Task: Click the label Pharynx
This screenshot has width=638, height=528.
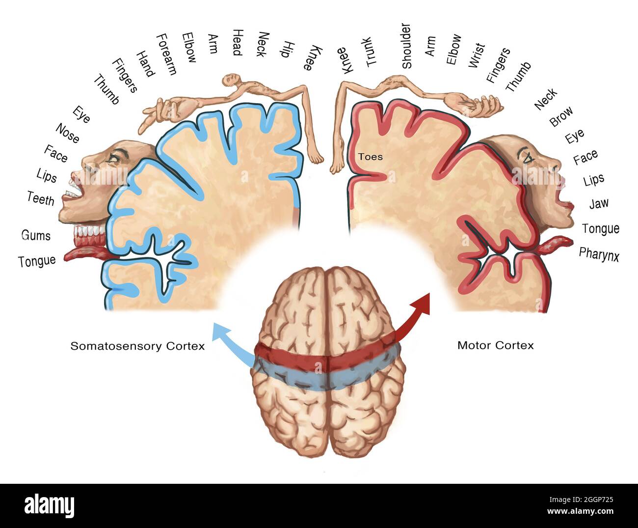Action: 599,254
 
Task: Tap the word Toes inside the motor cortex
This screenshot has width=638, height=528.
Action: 370,157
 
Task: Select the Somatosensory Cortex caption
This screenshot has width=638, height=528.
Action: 137,346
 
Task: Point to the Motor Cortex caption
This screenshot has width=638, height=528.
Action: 495,345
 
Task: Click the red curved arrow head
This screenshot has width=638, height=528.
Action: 423,303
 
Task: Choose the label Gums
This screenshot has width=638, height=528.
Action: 36,235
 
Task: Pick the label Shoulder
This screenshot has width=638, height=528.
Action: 406,46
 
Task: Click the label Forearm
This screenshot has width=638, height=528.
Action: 166,54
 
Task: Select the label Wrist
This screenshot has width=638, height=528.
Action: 476,55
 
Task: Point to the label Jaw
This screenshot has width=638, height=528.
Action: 598,203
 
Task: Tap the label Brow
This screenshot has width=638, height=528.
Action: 561,116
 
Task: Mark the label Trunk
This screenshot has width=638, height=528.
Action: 371,52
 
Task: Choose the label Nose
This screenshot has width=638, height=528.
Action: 67,133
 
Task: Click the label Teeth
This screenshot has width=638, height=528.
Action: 41,199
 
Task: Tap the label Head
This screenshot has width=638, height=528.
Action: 237,42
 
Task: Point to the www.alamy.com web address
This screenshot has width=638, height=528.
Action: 580,512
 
